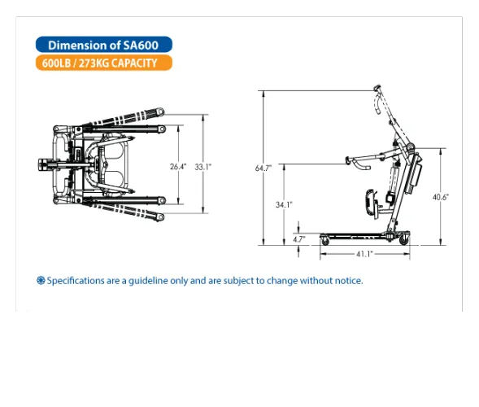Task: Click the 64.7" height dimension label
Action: (263, 168)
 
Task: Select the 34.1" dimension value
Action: (283, 204)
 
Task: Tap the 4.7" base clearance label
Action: (298, 239)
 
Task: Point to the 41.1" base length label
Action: (363, 254)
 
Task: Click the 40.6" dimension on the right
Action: (440, 197)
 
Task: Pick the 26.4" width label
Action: (178, 166)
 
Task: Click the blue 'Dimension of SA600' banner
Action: (103, 46)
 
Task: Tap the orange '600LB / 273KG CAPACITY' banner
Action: (103, 63)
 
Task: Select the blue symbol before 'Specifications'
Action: (41, 281)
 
